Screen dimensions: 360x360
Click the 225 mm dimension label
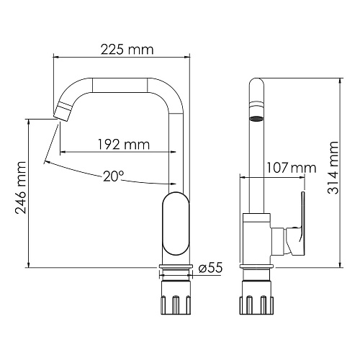[127, 50]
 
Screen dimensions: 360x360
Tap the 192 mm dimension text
[124, 145]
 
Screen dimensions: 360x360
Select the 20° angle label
[114, 176]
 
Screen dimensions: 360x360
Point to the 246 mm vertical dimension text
[20, 188]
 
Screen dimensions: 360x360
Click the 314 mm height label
[333, 168]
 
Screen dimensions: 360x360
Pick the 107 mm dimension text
[292, 168]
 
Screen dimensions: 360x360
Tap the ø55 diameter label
[211, 268]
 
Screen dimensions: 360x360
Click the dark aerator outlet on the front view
[256, 119]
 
